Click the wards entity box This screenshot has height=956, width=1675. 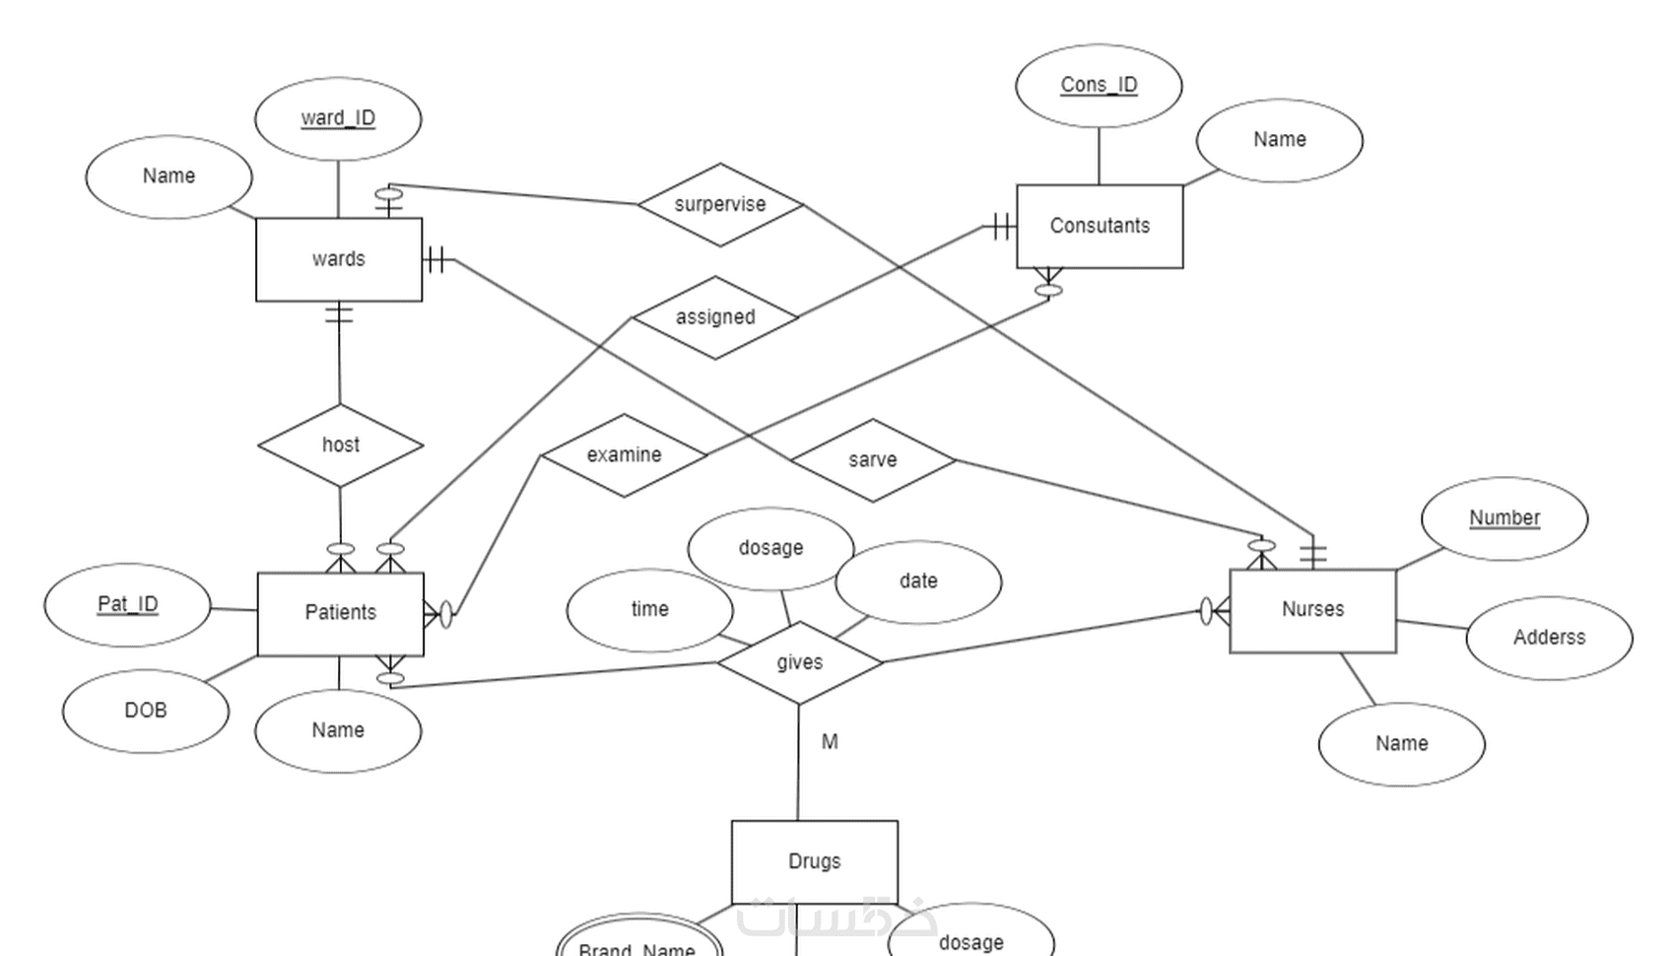point(339,259)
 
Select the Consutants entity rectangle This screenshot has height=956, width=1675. point(1100,226)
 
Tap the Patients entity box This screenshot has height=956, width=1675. point(340,613)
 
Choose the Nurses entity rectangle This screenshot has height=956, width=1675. point(1312,610)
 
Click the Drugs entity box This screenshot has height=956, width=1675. point(814,861)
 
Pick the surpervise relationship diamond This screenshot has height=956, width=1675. point(720,205)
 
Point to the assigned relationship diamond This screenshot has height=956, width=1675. point(715,317)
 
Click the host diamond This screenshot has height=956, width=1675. point(341,445)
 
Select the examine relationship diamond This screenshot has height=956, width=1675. point(624,455)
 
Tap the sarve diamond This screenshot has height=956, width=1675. point(873,460)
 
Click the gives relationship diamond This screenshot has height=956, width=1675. point(799,662)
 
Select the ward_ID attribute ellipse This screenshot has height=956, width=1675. point(338,118)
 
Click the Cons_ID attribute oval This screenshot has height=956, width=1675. point(1099,86)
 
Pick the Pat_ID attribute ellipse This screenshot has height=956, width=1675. point(127,604)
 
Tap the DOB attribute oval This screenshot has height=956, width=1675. point(146,711)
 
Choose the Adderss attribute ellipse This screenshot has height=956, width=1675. point(1549,638)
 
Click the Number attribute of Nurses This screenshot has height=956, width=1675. point(1505,518)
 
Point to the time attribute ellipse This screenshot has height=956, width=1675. point(649,610)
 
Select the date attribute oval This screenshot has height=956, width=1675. point(918,581)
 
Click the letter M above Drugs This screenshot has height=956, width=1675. point(830,742)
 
